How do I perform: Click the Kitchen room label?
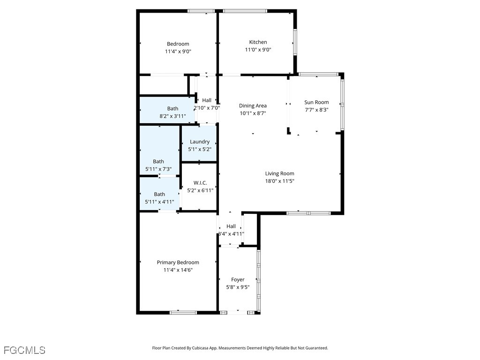tap(258, 42)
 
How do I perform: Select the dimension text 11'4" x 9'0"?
tap(178, 52)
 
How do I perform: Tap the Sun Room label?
tap(316, 102)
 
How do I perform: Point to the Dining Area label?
tap(253, 105)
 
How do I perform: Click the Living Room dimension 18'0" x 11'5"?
tap(279, 181)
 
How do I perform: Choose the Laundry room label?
tap(200, 142)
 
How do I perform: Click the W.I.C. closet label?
tap(200, 183)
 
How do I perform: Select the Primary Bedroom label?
tap(178, 262)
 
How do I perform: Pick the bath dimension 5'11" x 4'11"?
tap(159, 202)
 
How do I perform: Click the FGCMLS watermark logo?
tap(24, 350)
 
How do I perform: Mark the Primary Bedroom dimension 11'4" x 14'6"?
tap(178, 270)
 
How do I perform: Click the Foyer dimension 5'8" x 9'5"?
tap(238, 287)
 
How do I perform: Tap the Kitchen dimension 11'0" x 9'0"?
tap(258, 50)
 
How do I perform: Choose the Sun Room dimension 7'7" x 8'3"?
tap(316, 110)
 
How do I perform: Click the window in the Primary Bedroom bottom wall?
tap(183, 313)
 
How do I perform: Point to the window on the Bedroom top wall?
tap(201, 11)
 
